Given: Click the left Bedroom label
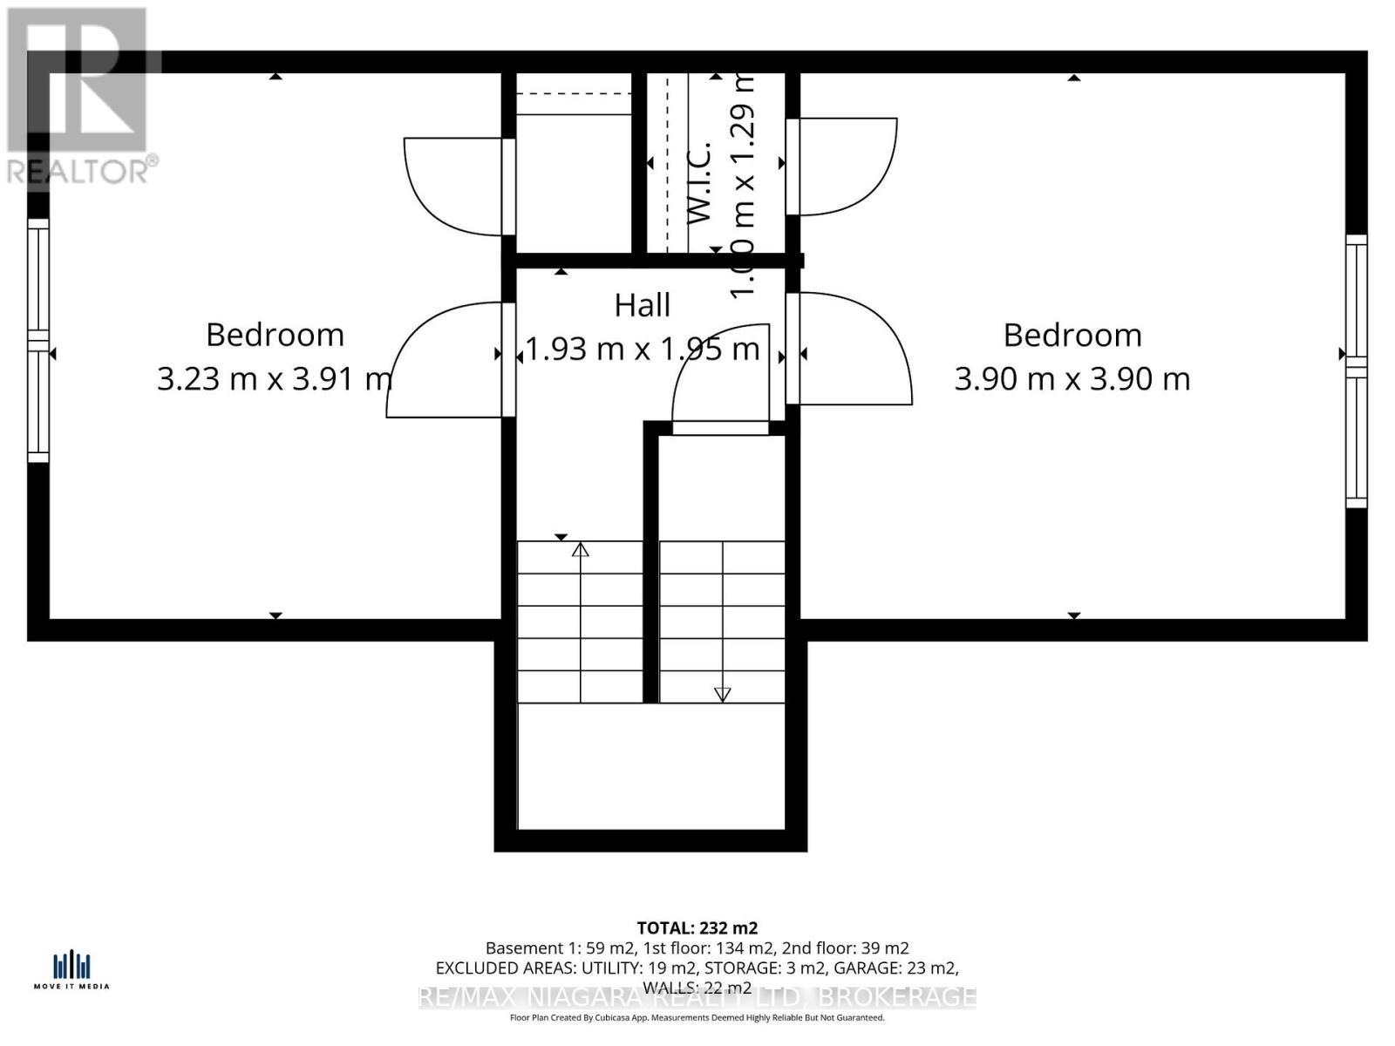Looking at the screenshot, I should click(x=275, y=335).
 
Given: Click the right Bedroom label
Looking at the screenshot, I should click(x=1072, y=335).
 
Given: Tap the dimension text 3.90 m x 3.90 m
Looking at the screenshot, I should click(x=1072, y=379).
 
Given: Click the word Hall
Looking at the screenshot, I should click(x=643, y=305).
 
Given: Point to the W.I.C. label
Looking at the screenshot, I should click(x=700, y=183).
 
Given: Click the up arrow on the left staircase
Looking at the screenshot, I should click(x=581, y=550).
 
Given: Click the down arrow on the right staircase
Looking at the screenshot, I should click(x=722, y=694).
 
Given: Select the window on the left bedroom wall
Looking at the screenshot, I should click(x=38, y=340).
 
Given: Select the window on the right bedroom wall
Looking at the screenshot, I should click(x=1356, y=370).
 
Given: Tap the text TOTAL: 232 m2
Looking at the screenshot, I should click(x=697, y=927).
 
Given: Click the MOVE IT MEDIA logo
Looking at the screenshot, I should click(x=71, y=970).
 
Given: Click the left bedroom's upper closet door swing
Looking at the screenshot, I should click(x=453, y=185).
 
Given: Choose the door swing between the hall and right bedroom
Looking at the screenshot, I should click(x=854, y=349).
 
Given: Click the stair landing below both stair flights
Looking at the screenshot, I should click(x=650, y=765).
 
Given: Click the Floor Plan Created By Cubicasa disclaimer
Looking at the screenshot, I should click(x=697, y=1017).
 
